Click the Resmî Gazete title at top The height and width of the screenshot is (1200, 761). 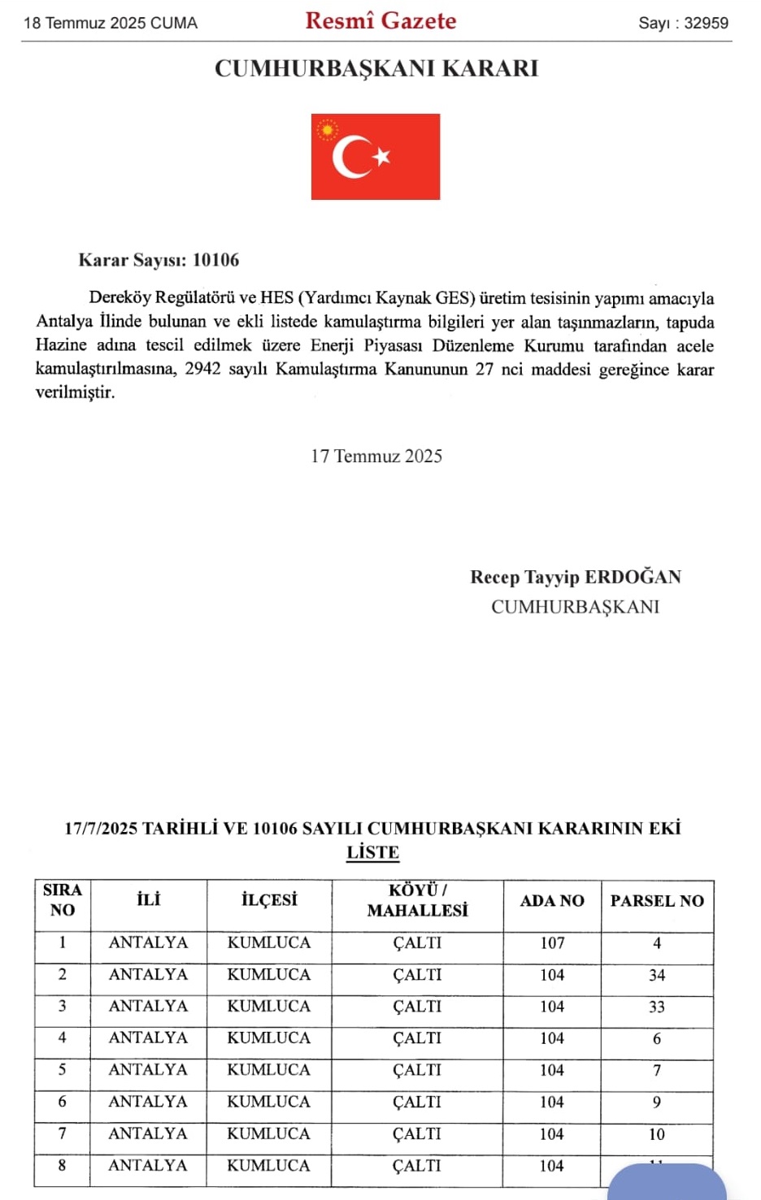click(x=380, y=21)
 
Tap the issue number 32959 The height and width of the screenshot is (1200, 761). click(x=706, y=23)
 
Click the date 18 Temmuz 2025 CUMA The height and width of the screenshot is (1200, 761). click(x=111, y=23)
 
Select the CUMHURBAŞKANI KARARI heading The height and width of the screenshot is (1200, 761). click(x=376, y=68)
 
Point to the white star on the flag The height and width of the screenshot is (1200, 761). click(x=381, y=156)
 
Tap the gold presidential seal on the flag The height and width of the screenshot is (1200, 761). click(x=327, y=130)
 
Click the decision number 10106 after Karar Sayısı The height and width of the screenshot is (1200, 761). click(x=215, y=260)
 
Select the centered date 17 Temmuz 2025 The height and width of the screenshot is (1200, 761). click(x=376, y=456)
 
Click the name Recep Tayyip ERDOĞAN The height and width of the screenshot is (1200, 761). click(x=576, y=577)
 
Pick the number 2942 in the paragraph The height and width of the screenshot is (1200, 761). click(x=202, y=369)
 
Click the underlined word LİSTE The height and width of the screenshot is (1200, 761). click(x=373, y=852)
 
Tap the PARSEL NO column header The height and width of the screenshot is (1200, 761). click(x=657, y=900)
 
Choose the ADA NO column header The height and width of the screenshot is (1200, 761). click(x=552, y=900)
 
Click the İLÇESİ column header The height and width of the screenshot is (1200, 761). click(x=269, y=900)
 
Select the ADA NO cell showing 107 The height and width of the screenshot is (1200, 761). click(x=552, y=942)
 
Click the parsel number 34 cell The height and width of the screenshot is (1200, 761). click(x=657, y=975)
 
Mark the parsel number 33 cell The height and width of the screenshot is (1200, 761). click(x=657, y=1007)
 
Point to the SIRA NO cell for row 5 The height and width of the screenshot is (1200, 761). click(x=63, y=1069)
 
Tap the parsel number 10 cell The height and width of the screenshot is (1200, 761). click(x=657, y=1134)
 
